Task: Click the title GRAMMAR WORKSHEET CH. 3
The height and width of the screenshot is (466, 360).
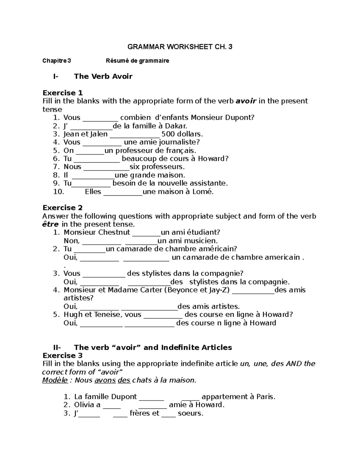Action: (x=180, y=47)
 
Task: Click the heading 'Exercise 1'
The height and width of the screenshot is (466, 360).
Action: (x=62, y=93)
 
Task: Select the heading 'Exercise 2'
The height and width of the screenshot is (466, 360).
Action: (x=62, y=208)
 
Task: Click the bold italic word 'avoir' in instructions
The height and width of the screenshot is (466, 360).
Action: (x=246, y=101)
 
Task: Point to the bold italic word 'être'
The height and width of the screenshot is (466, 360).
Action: (x=50, y=224)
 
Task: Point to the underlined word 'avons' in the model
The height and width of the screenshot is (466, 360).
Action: (x=105, y=380)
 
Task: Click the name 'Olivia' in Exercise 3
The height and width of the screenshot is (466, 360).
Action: (x=84, y=405)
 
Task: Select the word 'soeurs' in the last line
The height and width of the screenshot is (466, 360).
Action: (x=190, y=413)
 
